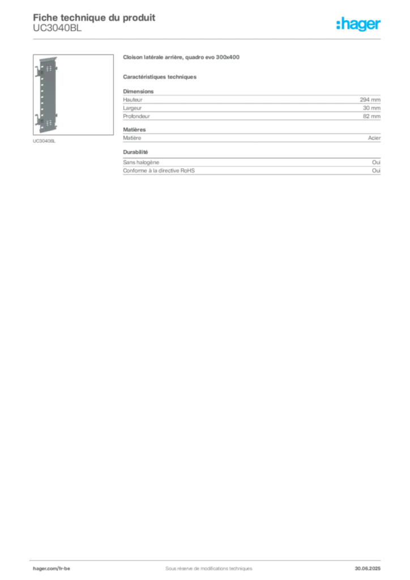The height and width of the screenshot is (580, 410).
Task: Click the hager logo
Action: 358,24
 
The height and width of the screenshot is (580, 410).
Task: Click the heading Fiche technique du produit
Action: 94,18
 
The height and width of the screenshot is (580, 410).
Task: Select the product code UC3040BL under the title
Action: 57,28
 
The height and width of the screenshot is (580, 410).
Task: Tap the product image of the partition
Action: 73,95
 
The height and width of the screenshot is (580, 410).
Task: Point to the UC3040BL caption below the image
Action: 44,141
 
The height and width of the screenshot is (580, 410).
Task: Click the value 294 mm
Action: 370,100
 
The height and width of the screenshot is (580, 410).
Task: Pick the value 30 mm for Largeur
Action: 371,108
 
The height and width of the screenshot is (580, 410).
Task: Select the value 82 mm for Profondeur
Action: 371,116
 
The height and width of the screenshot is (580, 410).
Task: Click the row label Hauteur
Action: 133,100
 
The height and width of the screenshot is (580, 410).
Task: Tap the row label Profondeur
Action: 136,116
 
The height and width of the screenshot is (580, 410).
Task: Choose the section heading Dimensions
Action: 138,91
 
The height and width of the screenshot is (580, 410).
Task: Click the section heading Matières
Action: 134,130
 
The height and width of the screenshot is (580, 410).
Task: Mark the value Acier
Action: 374,138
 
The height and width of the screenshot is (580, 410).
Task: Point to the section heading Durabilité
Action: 135,152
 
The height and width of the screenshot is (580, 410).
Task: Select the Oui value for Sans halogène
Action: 377,162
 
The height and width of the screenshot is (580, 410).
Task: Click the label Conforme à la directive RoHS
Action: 159,170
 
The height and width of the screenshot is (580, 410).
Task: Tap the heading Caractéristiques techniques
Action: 160,77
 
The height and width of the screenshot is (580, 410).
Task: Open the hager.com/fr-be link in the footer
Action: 52,568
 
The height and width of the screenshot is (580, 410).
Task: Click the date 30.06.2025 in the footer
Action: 368,568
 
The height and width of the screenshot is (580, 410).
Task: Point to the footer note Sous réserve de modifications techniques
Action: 209,568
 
